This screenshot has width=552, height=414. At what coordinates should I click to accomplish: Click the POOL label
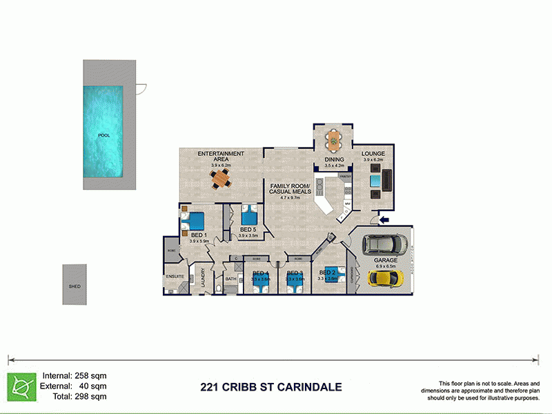[x=104, y=136]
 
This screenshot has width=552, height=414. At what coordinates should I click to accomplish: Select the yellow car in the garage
[x=384, y=277]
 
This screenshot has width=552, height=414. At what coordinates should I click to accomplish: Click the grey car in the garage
[x=386, y=245]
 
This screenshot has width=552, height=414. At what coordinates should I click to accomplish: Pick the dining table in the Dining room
[x=334, y=141]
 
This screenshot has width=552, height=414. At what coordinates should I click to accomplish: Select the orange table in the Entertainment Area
[x=221, y=179]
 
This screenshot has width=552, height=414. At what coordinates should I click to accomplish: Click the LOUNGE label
[x=373, y=154]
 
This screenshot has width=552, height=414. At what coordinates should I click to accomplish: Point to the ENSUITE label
[x=175, y=276]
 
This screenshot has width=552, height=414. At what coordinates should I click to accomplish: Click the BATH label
[x=230, y=279]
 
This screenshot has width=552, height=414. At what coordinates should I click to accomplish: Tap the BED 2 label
[x=328, y=273]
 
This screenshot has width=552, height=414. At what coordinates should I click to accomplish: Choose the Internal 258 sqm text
[x=75, y=375]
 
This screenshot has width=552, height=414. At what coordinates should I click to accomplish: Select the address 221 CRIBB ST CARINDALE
[x=270, y=387]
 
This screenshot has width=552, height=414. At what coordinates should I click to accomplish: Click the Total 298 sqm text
[x=75, y=396]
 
